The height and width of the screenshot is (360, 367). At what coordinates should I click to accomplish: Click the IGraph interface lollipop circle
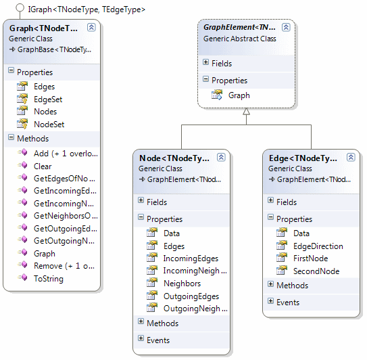pyautogui.click(x=20, y=7)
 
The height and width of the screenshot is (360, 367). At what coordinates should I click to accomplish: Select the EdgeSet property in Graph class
pyautogui.click(x=48, y=99)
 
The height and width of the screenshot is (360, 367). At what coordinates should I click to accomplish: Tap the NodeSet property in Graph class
pyautogui.click(x=49, y=125)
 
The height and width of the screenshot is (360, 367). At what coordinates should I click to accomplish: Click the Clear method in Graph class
pyautogui.click(x=43, y=166)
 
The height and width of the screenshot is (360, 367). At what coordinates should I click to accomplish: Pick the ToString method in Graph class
pyautogui.click(x=49, y=279)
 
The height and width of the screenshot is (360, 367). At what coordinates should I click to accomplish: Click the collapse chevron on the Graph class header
pyautogui.click(x=91, y=28)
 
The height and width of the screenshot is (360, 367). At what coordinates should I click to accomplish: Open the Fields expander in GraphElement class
pyautogui.click(x=205, y=62)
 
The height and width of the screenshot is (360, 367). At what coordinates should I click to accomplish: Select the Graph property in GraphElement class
pyautogui.click(x=239, y=95)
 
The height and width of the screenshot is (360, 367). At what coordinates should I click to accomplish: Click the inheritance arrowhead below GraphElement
pyautogui.click(x=246, y=112)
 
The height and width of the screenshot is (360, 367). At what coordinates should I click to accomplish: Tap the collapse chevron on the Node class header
pyautogui.click(x=221, y=157)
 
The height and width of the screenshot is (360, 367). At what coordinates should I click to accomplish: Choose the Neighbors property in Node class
pyautogui.click(x=182, y=284)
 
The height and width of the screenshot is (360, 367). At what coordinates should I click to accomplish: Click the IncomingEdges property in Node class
pyautogui.click(x=191, y=258)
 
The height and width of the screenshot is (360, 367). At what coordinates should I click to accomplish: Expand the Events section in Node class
pyautogui.click(x=141, y=338)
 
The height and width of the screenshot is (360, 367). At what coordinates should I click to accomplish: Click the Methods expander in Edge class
pyautogui.click(x=270, y=284)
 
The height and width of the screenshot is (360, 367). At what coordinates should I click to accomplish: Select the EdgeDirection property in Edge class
pyautogui.click(x=318, y=246)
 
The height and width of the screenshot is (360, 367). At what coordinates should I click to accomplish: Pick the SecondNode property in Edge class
pyautogui.click(x=316, y=271)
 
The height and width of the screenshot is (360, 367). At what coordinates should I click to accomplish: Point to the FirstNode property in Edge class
pyautogui.click(x=311, y=258)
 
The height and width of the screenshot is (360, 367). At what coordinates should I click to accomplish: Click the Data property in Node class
pyautogui.click(x=172, y=233)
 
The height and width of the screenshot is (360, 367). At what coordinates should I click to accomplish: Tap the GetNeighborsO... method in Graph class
pyautogui.click(x=66, y=216)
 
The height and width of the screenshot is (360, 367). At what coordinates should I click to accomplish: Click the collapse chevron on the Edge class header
pyautogui.click(x=351, y=157)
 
